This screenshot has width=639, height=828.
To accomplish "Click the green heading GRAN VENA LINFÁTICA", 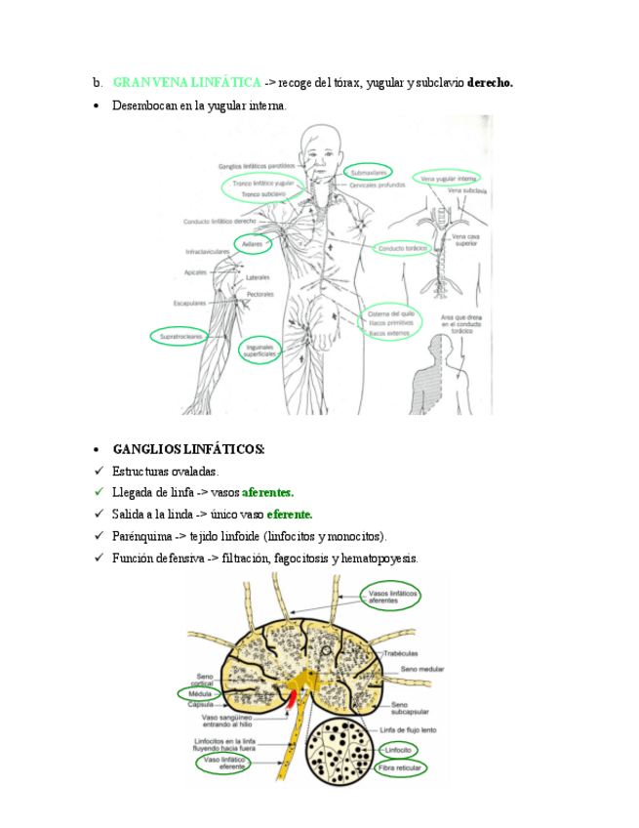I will (x=186, y=83).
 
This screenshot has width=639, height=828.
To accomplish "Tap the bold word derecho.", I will (x=491, y=83).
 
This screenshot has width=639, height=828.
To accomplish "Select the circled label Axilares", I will (x=252, y=244).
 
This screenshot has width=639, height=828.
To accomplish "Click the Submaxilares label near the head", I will (x=370, y=173).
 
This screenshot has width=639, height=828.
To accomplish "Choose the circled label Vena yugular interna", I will (x=448, y=179).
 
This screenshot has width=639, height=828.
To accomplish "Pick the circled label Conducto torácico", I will (x=404, y=249).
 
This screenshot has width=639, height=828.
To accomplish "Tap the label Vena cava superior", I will (x=465, y=240).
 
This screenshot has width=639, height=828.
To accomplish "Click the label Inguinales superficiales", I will (x=260, y=350).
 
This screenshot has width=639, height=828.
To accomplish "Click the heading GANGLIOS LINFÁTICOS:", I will (x=189, y=449).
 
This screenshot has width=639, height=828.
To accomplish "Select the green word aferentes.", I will (x=267, y=492).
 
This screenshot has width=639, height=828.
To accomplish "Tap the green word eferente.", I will (x=289, y=514).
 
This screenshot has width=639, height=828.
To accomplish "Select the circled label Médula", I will (x=202, y=693).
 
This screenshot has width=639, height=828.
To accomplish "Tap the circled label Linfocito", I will (x=397, y=750).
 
